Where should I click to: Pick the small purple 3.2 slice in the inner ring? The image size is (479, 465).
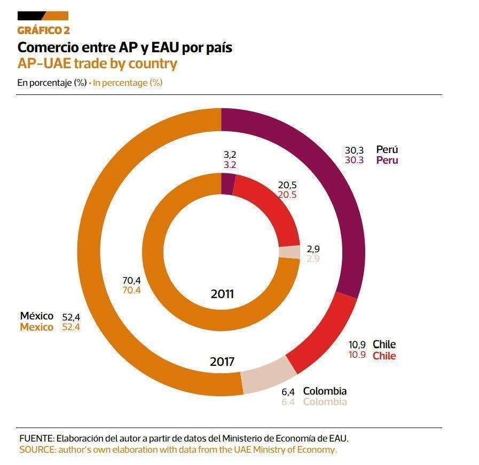[227, 185]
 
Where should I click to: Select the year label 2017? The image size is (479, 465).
[222, 362]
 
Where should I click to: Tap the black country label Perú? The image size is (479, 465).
[387, 150]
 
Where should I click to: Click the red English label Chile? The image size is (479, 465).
[384, 356]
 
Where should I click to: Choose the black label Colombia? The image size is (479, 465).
[325, 391]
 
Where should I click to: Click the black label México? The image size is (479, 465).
[37, 316]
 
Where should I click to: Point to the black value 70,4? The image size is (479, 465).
[131, 279]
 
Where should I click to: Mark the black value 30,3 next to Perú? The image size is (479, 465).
[355, 150]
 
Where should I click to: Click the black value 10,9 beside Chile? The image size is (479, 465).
[357, 344]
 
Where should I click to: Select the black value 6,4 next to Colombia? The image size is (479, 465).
[288, 391]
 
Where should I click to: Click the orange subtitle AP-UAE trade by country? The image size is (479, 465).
[97, 63]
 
